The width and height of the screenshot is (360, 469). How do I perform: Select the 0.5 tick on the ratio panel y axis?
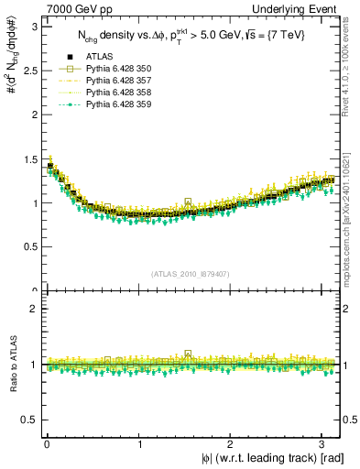pos(29,420)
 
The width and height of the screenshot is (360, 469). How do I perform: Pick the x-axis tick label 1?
pos(139,444)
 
